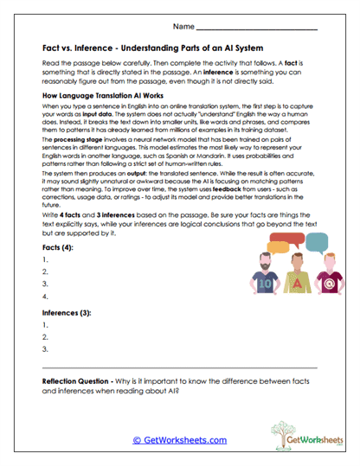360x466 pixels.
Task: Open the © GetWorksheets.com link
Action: [179, 440]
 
